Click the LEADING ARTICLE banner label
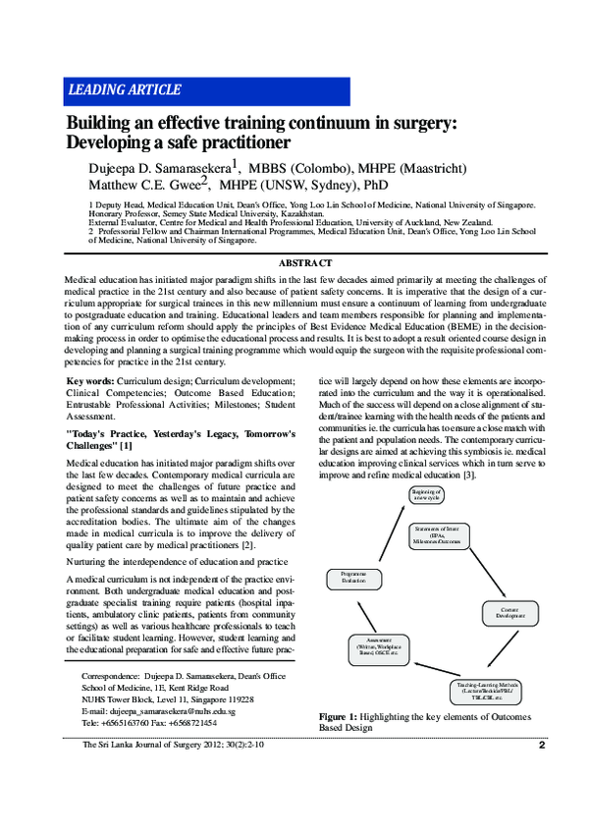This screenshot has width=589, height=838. point(124,90)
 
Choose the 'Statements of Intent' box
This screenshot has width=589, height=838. point(438,535)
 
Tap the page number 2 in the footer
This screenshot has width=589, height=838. point(541,772)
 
